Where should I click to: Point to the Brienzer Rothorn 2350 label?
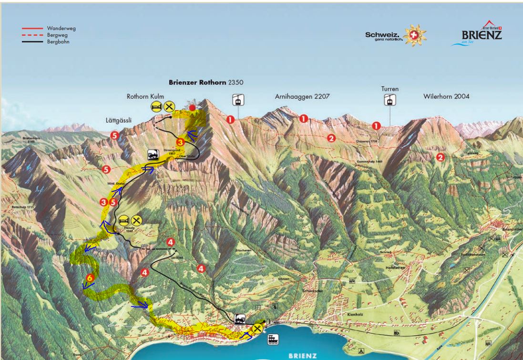(x=206, y=82)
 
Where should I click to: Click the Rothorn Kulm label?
(x=145, y=96)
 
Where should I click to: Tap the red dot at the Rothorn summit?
(x=192, y=108)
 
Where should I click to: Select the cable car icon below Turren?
(x=390, y=100)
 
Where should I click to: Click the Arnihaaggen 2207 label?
(x=302, y=96)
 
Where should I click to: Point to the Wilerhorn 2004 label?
(x=446, y=96)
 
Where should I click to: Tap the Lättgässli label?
(x=119, y=120)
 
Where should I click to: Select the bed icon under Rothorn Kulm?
(x=157, y=106)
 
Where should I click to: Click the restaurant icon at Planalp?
(x=136, y=220)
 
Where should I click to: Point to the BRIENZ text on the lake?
(x=302, y=355)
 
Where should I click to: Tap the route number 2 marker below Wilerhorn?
(x=441, y=157)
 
